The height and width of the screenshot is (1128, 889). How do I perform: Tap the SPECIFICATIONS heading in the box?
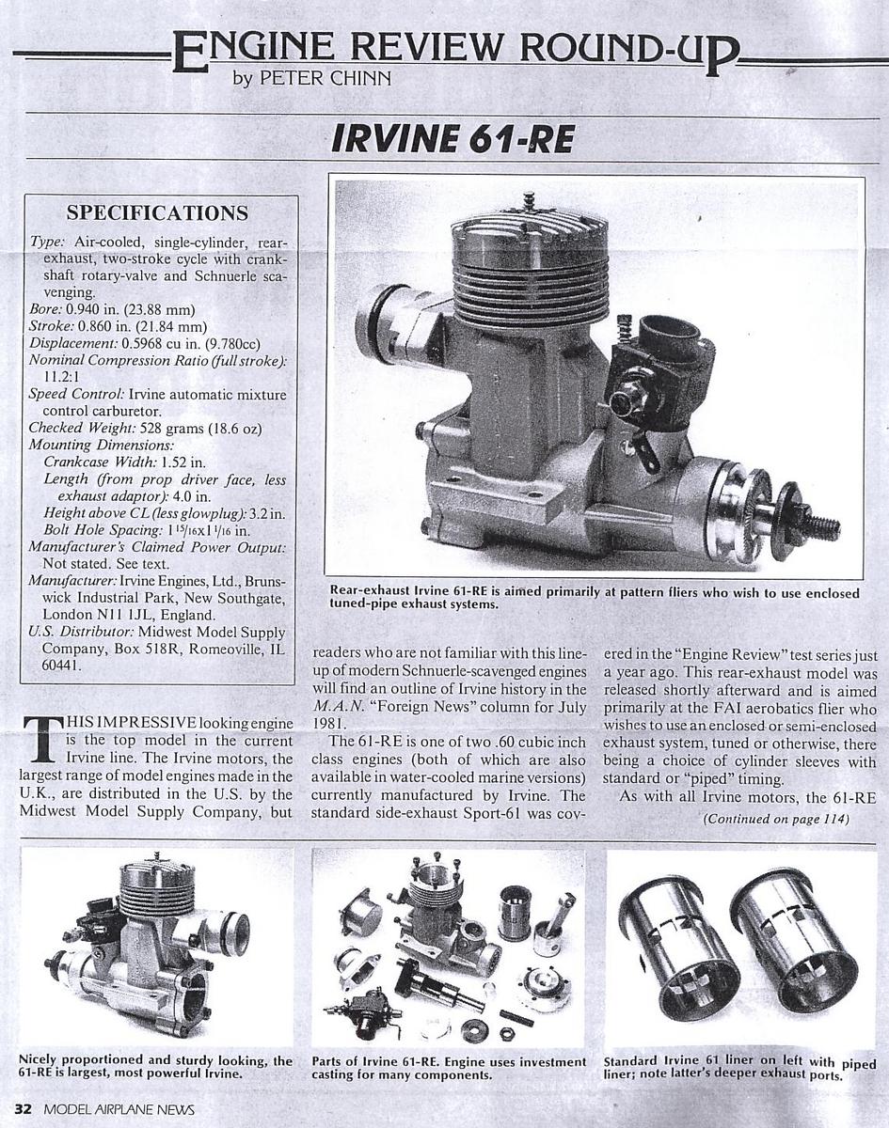tap(157, 212)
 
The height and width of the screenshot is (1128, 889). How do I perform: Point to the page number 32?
tap(22, 1109)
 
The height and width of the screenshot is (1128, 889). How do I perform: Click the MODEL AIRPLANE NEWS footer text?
tap(119, 1109)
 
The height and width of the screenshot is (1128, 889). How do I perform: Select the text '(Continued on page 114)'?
tap(776, 819)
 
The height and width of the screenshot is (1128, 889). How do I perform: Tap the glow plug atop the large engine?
tap(529, 201)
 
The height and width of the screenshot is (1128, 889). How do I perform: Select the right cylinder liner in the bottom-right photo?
tap(795, 940)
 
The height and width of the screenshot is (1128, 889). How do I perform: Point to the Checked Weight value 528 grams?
tap(156, 429)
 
